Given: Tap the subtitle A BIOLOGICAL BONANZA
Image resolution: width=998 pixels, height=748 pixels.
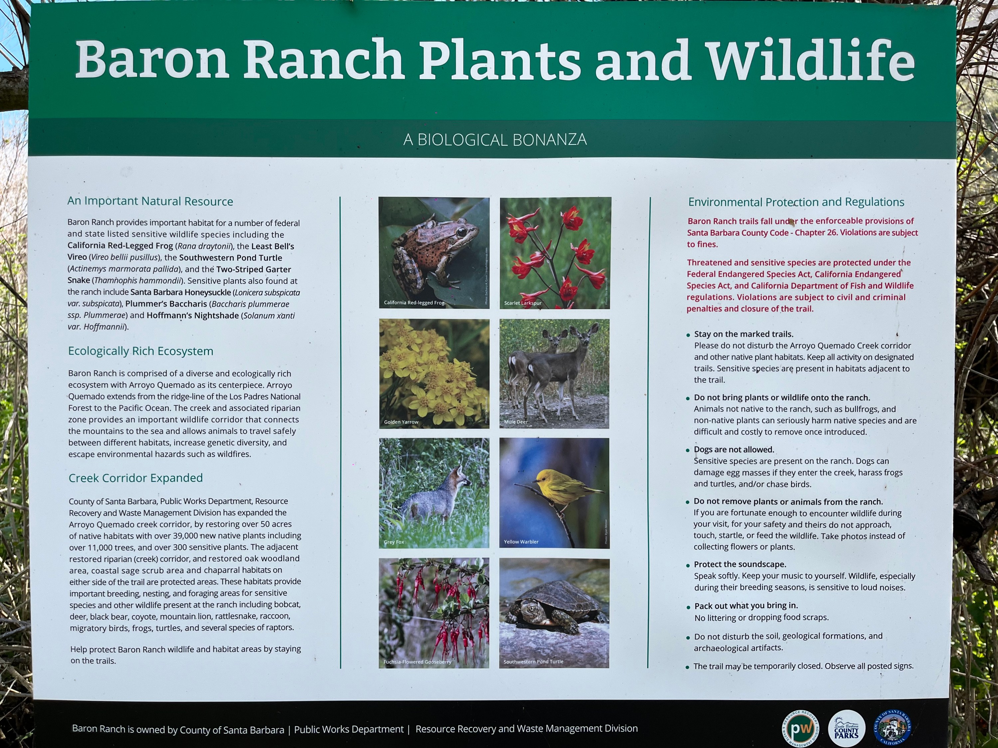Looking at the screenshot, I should (x=495, y=140).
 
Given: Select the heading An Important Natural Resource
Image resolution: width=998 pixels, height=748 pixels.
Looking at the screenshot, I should (x=150, y=201).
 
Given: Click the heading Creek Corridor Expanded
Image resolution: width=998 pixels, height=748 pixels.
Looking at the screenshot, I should (x=135, y=478).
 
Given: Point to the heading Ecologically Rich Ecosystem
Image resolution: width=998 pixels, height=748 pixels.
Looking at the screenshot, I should (x=140, y=351).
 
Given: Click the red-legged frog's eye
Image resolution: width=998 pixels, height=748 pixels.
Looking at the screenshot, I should (x=461, y=232).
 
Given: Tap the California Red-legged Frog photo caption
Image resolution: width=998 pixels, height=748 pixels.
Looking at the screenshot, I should (x=414, y=303).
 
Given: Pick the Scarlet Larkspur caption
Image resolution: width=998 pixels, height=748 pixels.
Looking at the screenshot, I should (x=523, y=303).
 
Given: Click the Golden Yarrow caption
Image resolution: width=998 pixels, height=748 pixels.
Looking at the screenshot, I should (x=401, y=422).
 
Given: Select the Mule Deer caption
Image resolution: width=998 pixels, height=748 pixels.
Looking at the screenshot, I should (x=516, y=422).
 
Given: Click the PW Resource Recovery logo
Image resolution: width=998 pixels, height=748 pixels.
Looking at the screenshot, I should (x=800, y=728).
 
